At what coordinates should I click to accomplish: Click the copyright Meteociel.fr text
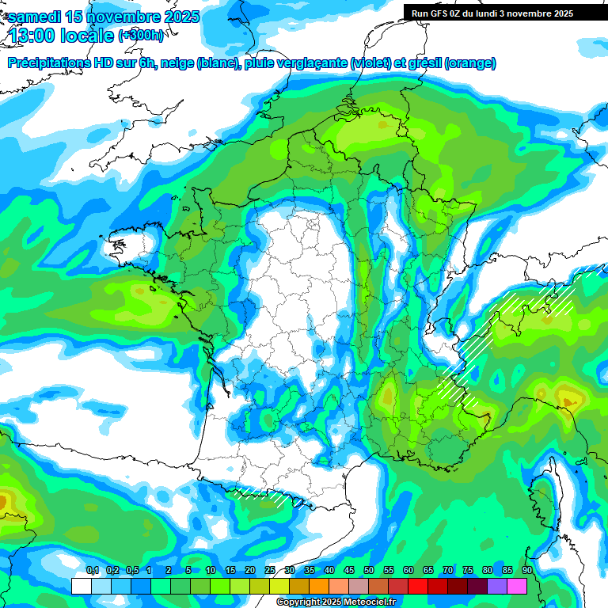point(336,602)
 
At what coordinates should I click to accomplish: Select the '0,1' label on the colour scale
point(93,571)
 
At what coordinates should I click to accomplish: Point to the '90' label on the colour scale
point(526,571)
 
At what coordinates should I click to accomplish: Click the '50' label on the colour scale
point(369,571)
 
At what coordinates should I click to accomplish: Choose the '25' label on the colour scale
point(270,571)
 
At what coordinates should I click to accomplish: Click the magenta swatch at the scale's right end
point(517,586)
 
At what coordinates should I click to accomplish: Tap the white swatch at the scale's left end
point(82,586)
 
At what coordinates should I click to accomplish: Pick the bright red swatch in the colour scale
point(418,586)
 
